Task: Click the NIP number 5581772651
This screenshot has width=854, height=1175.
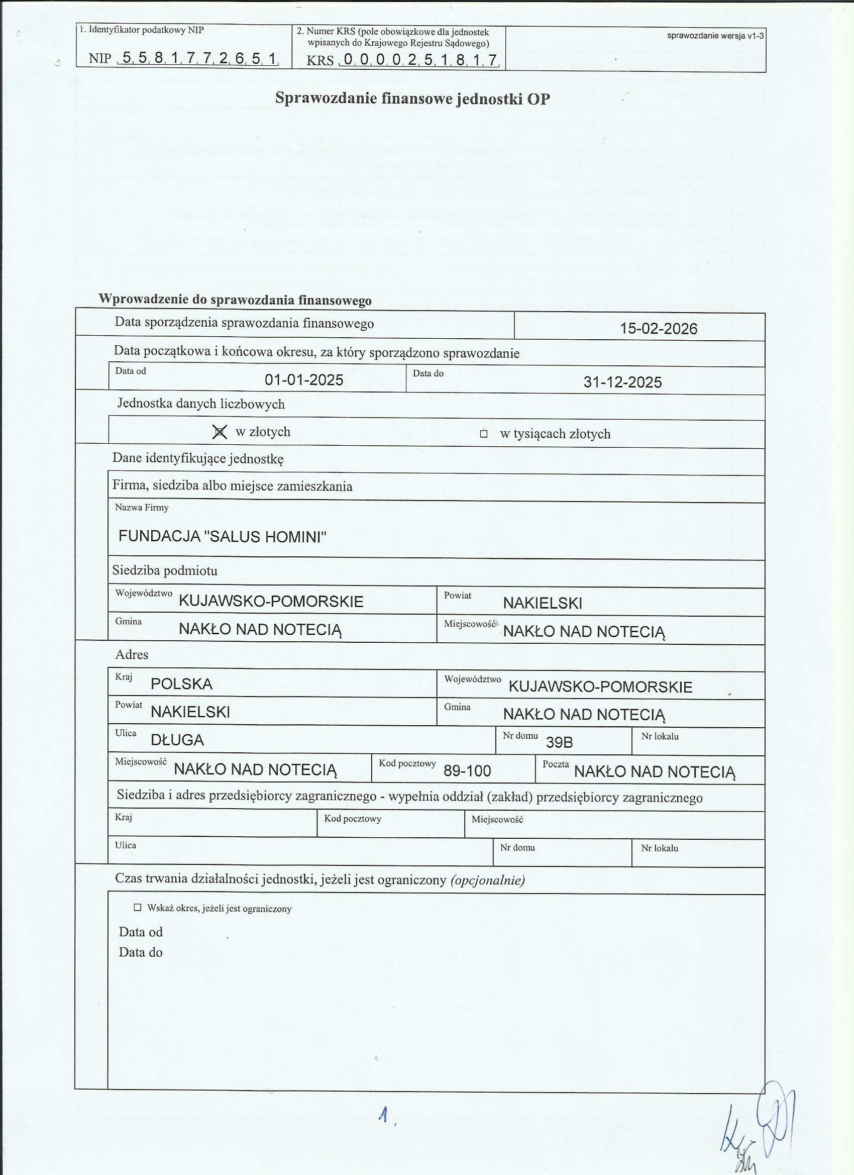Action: (x=199, y=58)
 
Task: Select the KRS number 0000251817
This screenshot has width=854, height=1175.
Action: (x=419, y=60)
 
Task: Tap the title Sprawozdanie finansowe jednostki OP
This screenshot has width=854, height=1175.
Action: (x=412, y=98)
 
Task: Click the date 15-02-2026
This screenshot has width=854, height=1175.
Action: (x=658, y=329)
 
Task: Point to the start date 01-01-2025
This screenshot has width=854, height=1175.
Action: (x=303, y=380)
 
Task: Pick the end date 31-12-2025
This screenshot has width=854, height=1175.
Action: (x=622, y=382)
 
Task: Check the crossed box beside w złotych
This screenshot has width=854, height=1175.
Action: (x=220, y=432)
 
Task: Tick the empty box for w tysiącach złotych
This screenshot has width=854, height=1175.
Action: (x=484, y=434)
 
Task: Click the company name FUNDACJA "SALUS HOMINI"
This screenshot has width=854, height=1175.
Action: (x=222, y=536)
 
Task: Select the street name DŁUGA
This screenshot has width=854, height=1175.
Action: (x=177, y=740)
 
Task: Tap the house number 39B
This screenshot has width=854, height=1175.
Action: (x=559, y=742)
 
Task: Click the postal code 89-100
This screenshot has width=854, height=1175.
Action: (x=467, y=771)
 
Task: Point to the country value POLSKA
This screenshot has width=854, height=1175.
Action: (x=181, y=684)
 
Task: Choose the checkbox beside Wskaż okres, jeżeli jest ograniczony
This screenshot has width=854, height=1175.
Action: (x=138, y=907)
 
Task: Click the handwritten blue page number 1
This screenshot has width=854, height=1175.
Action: (x=384, y=1115)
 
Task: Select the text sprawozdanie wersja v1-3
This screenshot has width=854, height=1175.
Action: (x=715, y=36)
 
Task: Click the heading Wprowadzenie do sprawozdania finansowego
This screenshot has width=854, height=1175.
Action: (x=235, y=300)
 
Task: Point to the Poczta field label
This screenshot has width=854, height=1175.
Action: (x=555, y=764)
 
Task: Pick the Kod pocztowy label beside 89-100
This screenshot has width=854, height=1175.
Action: (x=407, y=763)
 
